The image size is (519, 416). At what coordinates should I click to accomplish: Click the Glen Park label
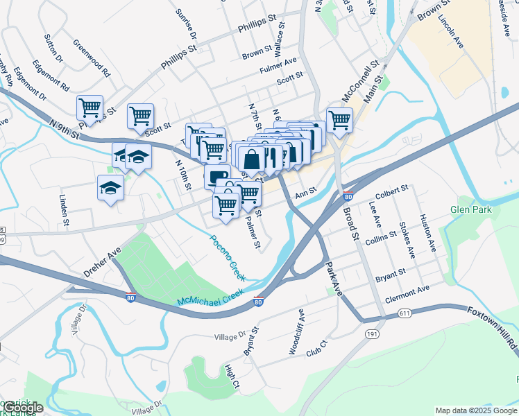(470, 209)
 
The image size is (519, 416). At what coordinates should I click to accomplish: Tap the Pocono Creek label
(228, 257)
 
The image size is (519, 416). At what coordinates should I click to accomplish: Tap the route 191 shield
(368, 333)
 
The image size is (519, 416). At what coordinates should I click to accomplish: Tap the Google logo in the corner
(22, 408)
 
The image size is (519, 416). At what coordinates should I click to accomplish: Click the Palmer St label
(252, 232)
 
